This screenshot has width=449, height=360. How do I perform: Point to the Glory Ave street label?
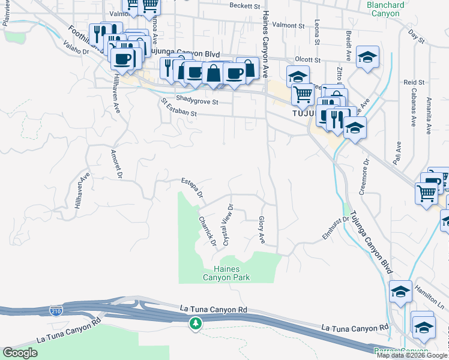point(262,230)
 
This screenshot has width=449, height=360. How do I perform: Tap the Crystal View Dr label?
point(228,225)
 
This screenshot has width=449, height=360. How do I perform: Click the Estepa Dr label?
point(192,187)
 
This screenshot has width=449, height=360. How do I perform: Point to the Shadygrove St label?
point(197,103)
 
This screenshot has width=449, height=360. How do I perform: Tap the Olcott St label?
point(307,60)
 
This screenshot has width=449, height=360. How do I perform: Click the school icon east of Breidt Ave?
point(367,57)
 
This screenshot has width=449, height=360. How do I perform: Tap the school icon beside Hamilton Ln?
point(400,292)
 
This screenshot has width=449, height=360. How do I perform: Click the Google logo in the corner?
point(20,353)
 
